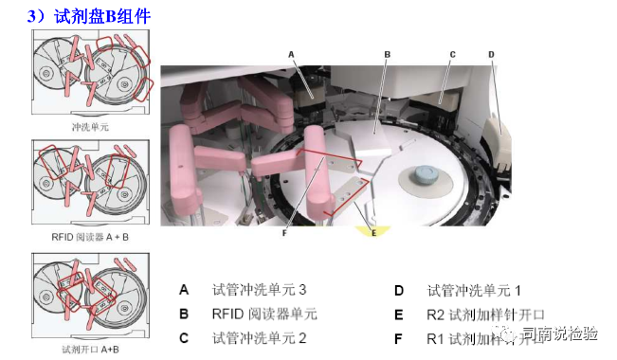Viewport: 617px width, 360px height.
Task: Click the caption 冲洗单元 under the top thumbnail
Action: [90, 124]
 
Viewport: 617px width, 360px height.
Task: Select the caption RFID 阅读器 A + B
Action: [90, 237]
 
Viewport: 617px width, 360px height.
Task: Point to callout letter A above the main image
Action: [290, 55]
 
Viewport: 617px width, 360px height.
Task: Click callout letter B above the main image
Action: [387, 55]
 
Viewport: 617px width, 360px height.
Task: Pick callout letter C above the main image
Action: [452, 55]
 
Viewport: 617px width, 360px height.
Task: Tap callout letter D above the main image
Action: [491, 55]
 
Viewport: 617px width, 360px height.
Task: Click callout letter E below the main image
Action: [373, 231]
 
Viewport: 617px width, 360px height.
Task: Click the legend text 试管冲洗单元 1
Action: [474, 290]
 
